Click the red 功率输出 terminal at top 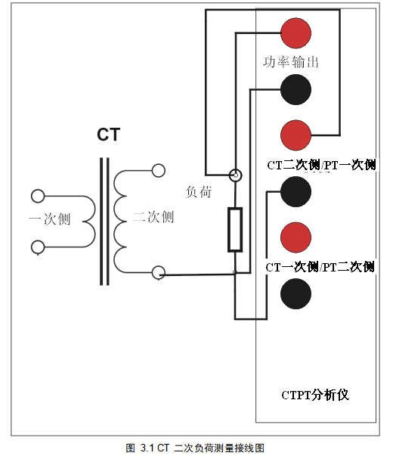click(x=296, y=33)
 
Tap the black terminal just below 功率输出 click(x=296, y=89)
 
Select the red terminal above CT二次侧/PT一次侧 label click(x=296, y=135)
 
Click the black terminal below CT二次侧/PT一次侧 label click(x=296, y=192)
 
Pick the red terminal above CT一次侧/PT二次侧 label click(x=296, y=237)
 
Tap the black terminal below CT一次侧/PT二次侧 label click(x=296, y=294)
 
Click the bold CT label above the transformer click(x=108, y=135)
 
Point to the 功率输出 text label click(x=291, y=62)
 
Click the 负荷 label click(x=199, y=192)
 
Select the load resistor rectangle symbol click(x=235, y=229)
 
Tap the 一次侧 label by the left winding click(x=50, y=219)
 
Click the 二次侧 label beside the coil click(x=153, y=217)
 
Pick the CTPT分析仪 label click(x=315, y=395)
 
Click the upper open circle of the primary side click(x=38, y=196)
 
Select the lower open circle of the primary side click(x=38, y=247)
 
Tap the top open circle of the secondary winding click(x=159, y=170)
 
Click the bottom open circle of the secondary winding click(x=159, y=273)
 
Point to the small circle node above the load click(x=236, y=175)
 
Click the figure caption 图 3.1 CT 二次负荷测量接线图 click(x=195, y=448)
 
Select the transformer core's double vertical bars click(x=104, y=222)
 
